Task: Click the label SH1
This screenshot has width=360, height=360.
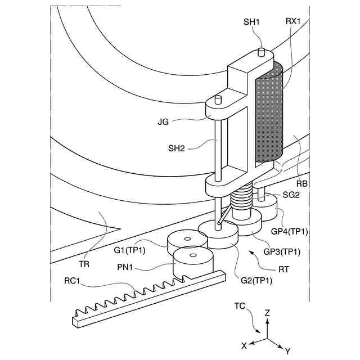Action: (x=251, y=22)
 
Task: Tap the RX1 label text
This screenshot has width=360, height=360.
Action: (x=293, y=22)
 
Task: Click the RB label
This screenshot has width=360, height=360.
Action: (x=301, y=183)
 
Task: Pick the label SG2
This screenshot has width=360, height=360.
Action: (x=292, y=194)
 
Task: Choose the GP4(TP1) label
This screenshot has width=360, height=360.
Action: (x=289, y=231)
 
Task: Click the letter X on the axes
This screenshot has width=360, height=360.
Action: (x=244, y=345)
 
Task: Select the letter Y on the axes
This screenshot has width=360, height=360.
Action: (x=287, y=350)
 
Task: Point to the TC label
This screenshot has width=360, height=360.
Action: (x=240, y=307)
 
